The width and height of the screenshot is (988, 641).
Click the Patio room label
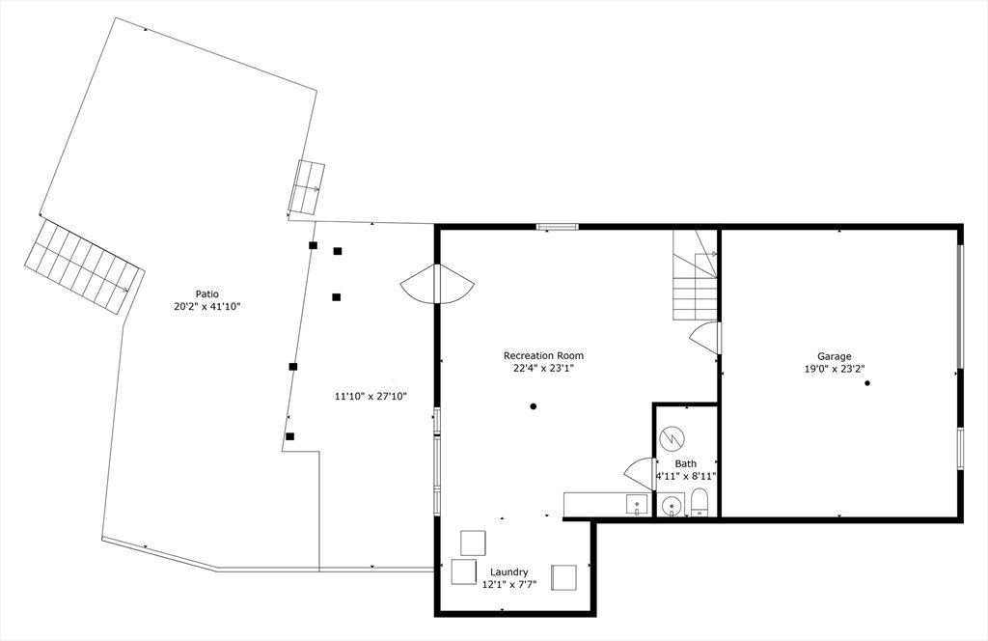pyautogui.click(x=206, y=293)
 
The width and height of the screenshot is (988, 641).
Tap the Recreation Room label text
pyautogui.click(x=543, y=355)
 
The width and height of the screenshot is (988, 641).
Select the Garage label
pyautogui.click(x=835, y=357)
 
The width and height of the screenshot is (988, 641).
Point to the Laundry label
pyautogui.click(x=509, y=572)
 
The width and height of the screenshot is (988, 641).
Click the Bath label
pyautogui.click(x=686, y=464)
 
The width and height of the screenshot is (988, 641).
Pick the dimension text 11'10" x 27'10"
pyautogui.click(x=370, y=397)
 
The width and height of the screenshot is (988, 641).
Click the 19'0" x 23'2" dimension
pyautogui.click(x=835, y=370)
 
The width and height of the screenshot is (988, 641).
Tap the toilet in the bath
pyautogui.click(x=700, y=504)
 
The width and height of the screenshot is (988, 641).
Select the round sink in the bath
pyautogui.click(x=672, y=506)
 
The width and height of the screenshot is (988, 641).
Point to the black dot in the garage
pyautogui.click(x=867, y=383)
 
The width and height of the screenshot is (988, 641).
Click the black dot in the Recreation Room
pyautogui.click(x=533, y=406)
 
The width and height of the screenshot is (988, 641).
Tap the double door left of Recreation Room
pyautogui.click(x=436, y=284)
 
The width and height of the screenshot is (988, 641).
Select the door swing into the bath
pyautogui.click(x=639, y=473)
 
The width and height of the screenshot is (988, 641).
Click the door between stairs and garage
pyautogui.click(x=705, y=338)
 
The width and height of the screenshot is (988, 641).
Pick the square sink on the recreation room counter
pyautogui.click(x=637, y=504)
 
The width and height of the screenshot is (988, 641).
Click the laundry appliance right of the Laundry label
pyautogui.click(x=563, y=577)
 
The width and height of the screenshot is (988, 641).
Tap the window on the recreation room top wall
pyautogui.click(x=557, y=227)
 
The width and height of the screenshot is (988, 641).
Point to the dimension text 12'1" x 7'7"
pyautogui.click(x=509, y=585)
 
